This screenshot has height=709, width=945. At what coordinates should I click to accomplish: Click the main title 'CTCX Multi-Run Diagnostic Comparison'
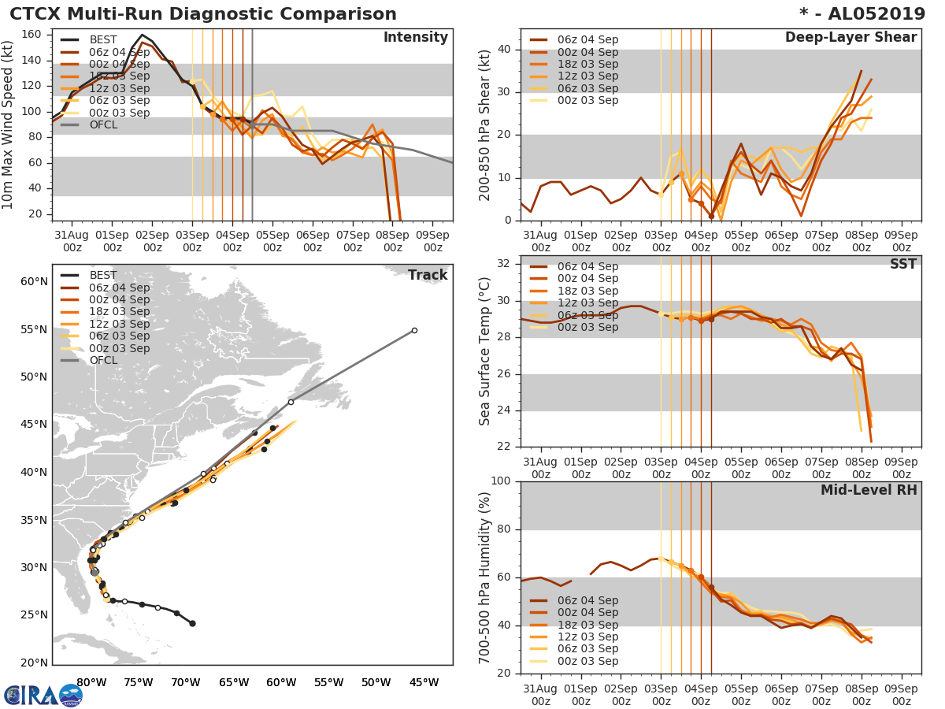tap(203, 14)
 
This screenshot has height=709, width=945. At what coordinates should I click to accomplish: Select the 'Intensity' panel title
tap(415, 38)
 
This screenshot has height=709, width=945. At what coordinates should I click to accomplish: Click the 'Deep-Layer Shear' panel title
tap(850, 38)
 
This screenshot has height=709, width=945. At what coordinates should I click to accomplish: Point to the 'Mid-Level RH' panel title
tap(868, 491)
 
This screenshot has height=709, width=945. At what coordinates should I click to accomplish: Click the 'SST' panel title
tap(902, 264)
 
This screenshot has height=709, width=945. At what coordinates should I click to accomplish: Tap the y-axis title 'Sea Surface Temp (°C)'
tap(485, 351)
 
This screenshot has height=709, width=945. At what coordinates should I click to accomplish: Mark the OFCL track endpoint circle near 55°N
tap(414, 330)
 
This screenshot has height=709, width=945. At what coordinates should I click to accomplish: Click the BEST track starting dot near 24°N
tap(192, 623)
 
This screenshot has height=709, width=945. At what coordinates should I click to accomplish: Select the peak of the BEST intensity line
tap(142, 35)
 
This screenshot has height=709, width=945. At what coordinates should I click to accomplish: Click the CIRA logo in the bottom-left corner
tap(43, 695)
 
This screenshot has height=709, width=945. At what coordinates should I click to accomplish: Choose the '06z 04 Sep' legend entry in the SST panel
tap(587, 266)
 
